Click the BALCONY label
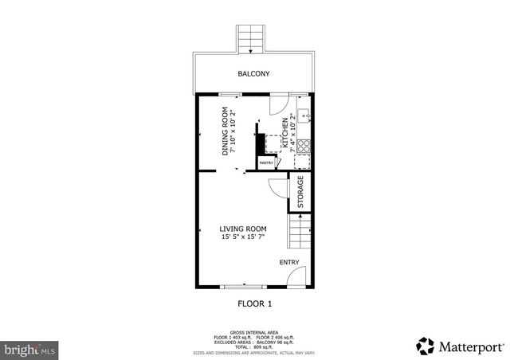(253, 74)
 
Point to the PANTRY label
(266, 163)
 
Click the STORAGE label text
(300, 192)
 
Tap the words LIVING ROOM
(243, 229)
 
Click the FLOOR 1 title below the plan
(255, 303)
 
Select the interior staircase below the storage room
(300, 234)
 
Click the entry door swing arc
(295, 275)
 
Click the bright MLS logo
(29, 348)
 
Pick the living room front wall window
(244, 285)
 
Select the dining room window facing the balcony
(231, 95)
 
